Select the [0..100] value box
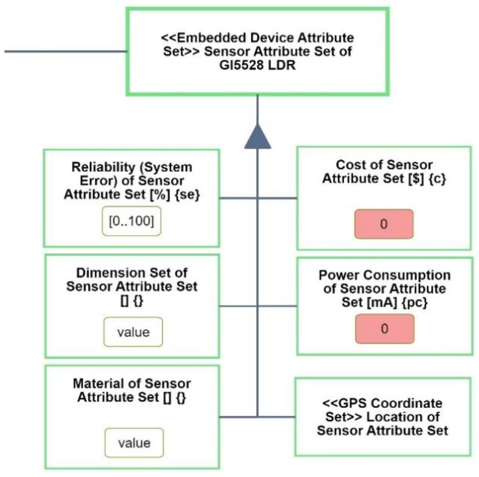(131, 221)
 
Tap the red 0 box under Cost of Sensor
(384, 224)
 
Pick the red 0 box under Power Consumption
(385, 329)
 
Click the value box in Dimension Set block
(133, 332)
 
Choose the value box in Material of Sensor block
(134, 443)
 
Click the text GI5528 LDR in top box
(257, 65)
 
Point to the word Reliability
(103, 167)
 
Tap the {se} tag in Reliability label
(187, 194)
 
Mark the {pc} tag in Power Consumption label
(414, 302)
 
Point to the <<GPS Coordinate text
(382, 403)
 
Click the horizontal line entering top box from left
(65, 51)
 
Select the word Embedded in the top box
(211, 38)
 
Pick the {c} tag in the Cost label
(437, 179)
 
